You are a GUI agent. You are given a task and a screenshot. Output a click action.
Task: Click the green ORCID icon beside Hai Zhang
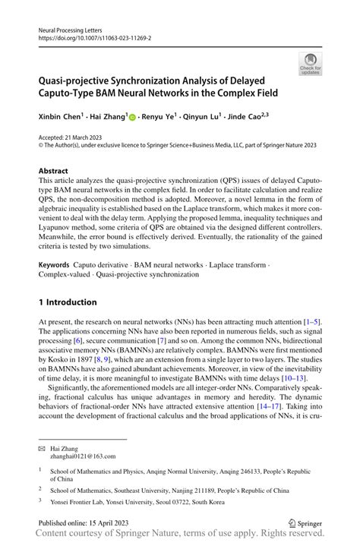[x=132, y=118]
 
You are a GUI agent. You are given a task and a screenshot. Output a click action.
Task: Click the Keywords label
[x=55, y=265]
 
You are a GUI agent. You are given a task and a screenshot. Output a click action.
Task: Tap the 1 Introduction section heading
[x=68, y=301]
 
